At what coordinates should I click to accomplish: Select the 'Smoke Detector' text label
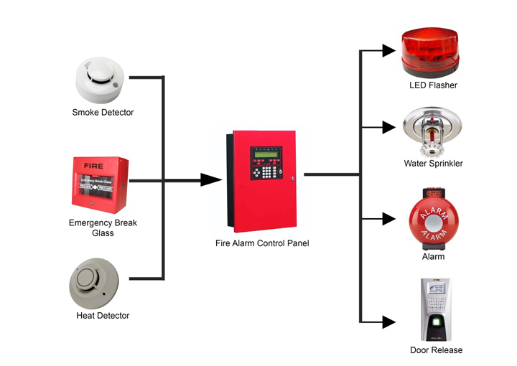103,113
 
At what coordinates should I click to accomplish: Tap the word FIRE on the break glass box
93,166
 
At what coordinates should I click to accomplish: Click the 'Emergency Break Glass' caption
103,227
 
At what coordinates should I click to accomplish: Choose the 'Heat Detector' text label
103,316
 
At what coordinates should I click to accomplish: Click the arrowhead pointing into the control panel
210,179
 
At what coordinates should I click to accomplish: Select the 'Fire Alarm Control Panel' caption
262,243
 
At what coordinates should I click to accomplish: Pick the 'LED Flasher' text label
433,85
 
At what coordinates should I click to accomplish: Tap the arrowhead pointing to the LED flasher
388,51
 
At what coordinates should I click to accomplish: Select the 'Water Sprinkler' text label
433,164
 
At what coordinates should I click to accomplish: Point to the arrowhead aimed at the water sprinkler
388,128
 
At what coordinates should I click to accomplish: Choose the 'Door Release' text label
436,350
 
